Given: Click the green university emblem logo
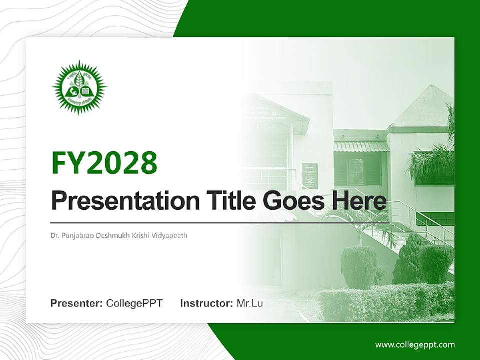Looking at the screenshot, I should tap(79, 88).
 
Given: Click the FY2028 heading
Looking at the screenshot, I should tap(104, 163).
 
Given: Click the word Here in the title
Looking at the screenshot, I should tap(359, 201).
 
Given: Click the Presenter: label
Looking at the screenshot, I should tap(77, 303).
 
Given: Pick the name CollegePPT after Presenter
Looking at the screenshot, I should tap(134, 303).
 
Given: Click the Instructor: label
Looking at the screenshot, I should tap(206, 303).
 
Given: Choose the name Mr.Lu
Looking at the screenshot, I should tap(250, 303).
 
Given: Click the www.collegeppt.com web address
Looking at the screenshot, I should tap(415, 345).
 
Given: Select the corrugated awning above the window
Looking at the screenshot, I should tap(361, 146).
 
